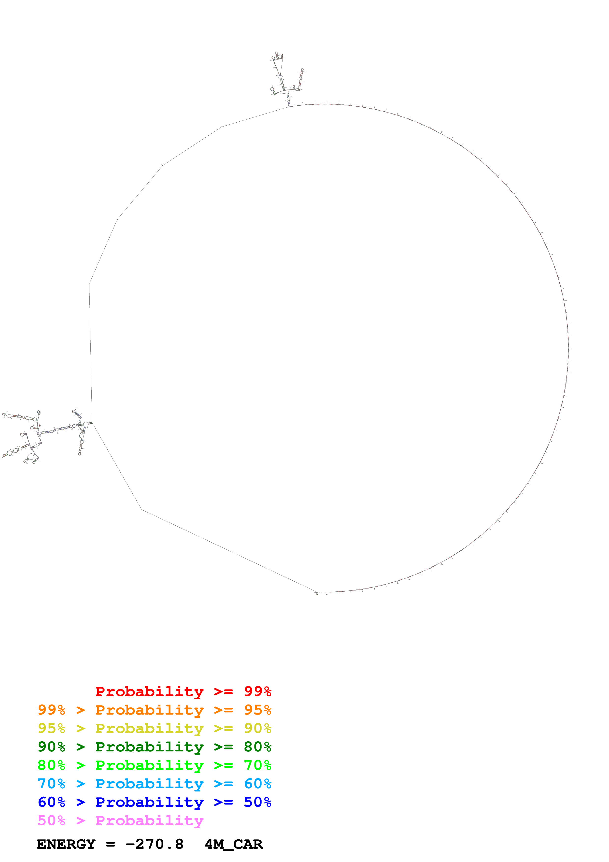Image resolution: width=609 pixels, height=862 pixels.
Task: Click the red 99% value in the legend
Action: pos(257,691)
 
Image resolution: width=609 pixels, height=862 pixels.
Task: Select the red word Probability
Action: pos(149,691)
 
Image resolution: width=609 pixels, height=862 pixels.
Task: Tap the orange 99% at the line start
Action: pos(51,710)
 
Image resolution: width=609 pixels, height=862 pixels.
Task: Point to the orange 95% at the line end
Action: pos(257,710)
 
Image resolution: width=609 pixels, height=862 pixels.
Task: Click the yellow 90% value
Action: pos(257,728)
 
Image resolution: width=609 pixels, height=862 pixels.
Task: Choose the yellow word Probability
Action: pos(149,728)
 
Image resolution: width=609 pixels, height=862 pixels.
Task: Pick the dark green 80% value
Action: pos(257,747)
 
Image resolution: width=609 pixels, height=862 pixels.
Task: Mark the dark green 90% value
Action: pos(51,747)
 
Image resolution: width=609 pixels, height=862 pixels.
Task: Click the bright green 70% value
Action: pos(257,765)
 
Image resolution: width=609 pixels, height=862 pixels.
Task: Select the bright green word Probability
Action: pos(149,765)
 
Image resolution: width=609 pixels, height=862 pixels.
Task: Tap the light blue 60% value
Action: pos(257,784)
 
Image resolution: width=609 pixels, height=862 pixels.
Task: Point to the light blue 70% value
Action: pos(51,784)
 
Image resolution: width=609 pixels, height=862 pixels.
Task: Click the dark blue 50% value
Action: pos(257,802)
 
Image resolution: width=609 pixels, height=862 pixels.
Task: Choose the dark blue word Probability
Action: pos(149,802)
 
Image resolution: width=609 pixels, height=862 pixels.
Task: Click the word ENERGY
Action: pos(66,844)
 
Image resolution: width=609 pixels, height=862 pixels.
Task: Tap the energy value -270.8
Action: pos(154,844)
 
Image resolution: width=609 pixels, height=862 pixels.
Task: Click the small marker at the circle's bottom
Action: pos(317,593)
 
